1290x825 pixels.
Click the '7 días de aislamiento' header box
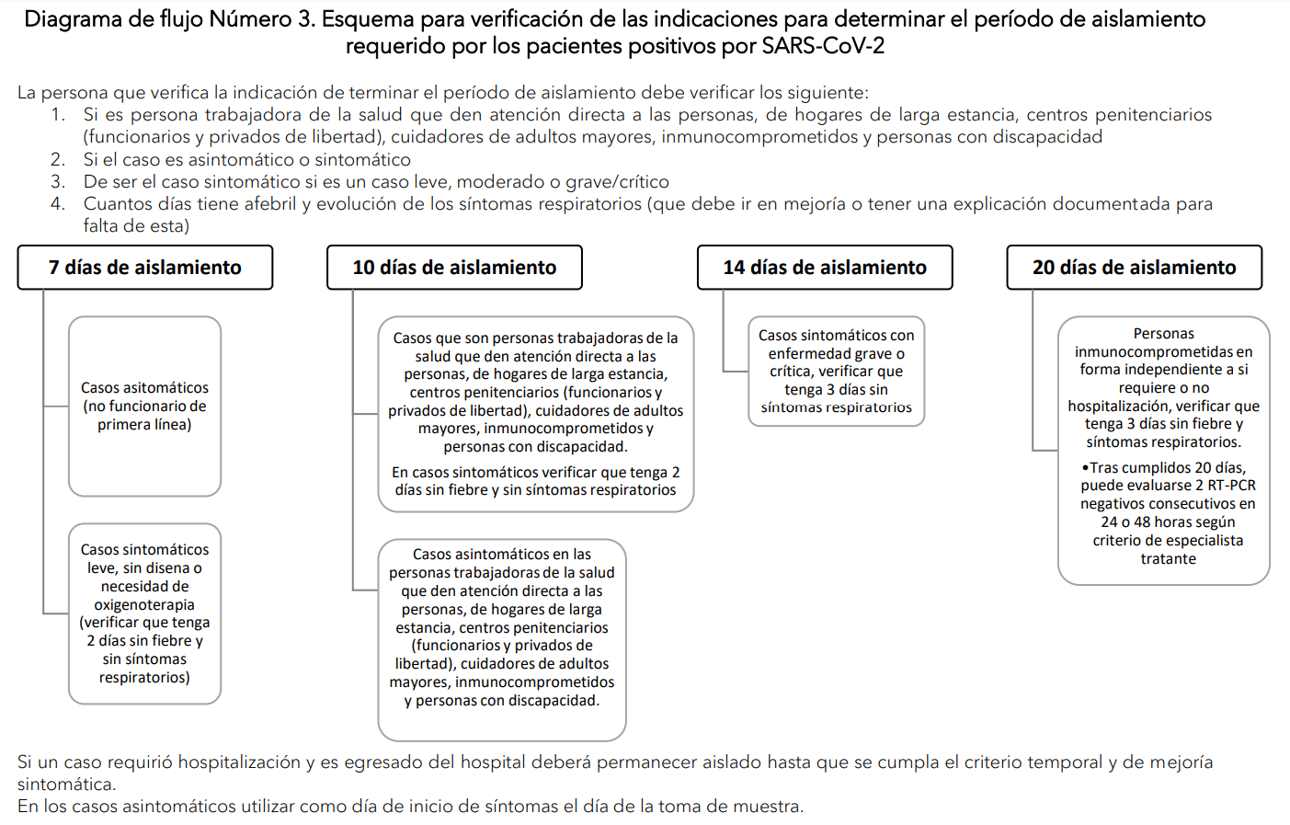pyautogui.click(x=144, y=268)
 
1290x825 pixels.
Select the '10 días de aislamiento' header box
pyautogui.click(x=454, y=268)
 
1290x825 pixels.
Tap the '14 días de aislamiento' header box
pyautogui.click(x=825, y=268)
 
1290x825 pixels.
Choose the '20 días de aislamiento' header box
pyautogui.click(x=1134, y=268)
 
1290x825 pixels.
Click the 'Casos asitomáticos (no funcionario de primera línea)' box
pyautogui.click(x=144, y=406)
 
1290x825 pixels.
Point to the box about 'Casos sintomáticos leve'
pyautogui.click(x=144, y=613)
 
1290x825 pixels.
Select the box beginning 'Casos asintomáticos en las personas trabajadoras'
pyautogui.click(x=502, y=639)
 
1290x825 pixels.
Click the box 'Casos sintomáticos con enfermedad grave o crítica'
pyautogui.click(x=836, y=372)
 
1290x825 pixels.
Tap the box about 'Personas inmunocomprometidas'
pyautogui.click(x=1163, y=450)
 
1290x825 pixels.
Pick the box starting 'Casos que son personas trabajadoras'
pyautogui.click(x=535, y=414)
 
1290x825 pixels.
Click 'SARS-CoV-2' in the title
pyautogui.click(x=823, y=46)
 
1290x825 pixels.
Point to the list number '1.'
pyautogui.click(x=58, y=115)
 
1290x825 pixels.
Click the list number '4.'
pyautogui.click(x=58, y=203)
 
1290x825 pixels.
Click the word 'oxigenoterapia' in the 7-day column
pyautogui.click(x=144, y=604)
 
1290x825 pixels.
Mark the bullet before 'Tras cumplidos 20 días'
pyautogui.click(x=1085, y=468)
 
